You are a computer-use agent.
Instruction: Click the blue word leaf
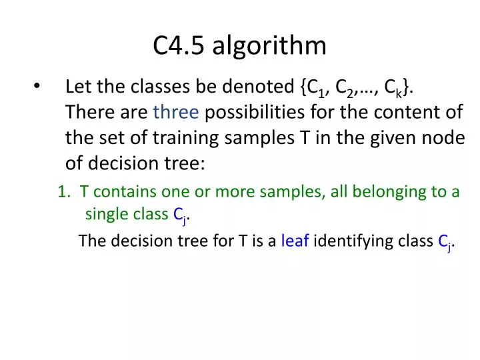pyautogui.click(x=295, y=241)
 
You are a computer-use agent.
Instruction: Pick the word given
pyautogui.click(x=392, y=138)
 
